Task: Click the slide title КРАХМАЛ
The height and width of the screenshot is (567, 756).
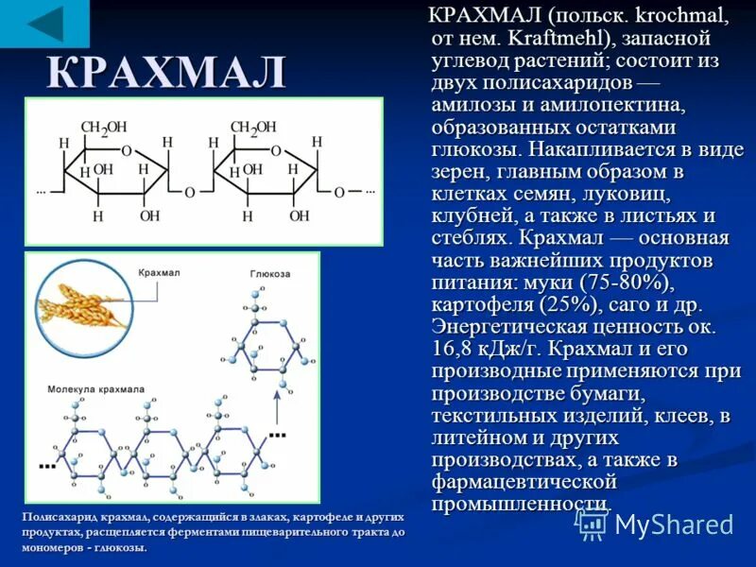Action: tap(166, 74)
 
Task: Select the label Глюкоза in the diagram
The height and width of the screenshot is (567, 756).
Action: tap(269, 274)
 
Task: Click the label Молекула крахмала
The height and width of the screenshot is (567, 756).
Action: tap(96, 388)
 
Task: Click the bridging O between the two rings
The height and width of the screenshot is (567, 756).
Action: tap(189, 193)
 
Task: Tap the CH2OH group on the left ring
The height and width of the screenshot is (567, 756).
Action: tap(103, 128)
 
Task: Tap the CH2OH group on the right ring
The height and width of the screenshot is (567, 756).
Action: tap(253, 128)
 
